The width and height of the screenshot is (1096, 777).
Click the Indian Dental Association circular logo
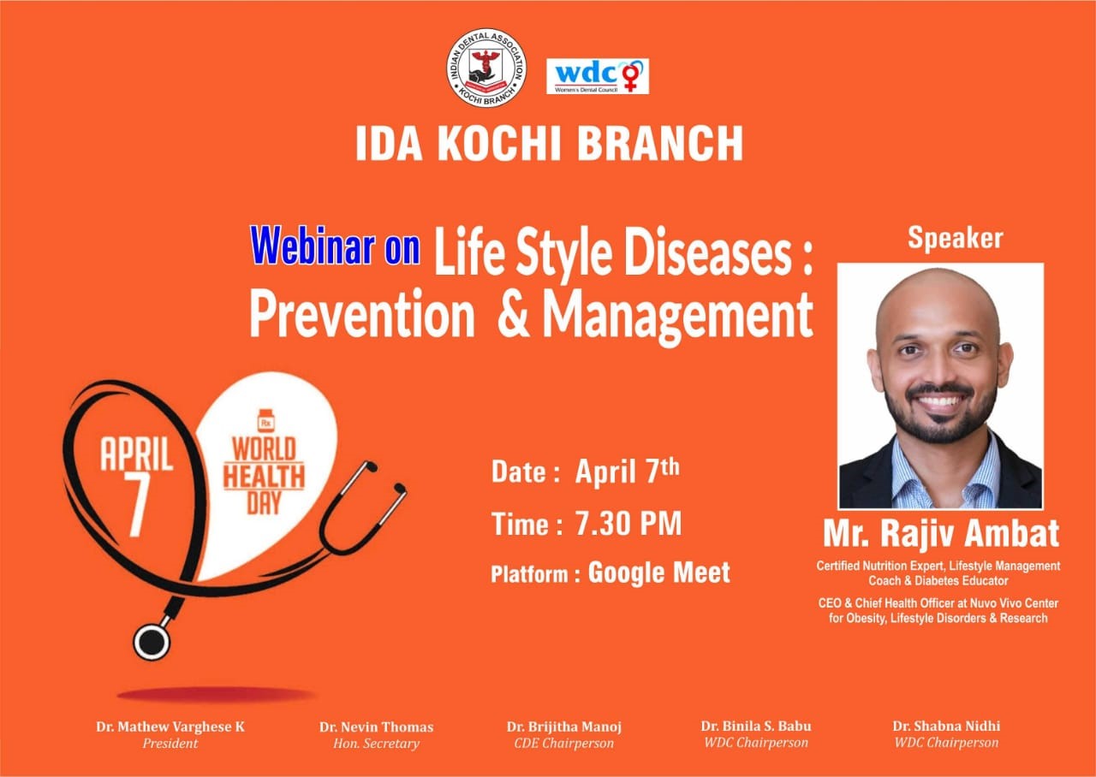coord(485,68)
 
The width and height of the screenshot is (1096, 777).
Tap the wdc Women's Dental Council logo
coord(598,76)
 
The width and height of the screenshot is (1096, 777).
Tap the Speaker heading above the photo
coord(955,239)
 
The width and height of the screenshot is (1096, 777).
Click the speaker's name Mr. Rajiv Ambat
coord(941,533)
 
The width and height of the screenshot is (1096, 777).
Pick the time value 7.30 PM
coord(628,524)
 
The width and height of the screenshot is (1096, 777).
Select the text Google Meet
coord(659,572)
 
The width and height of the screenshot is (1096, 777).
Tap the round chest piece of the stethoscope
coord(152,641)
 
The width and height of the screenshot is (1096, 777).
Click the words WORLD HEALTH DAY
coord(265,477)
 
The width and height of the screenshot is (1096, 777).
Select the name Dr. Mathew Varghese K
coord(170,727)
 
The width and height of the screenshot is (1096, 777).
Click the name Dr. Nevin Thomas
coord(376,727)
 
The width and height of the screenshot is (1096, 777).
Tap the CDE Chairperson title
coord(563,744)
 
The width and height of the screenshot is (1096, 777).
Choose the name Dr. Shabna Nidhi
coord(946,726)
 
